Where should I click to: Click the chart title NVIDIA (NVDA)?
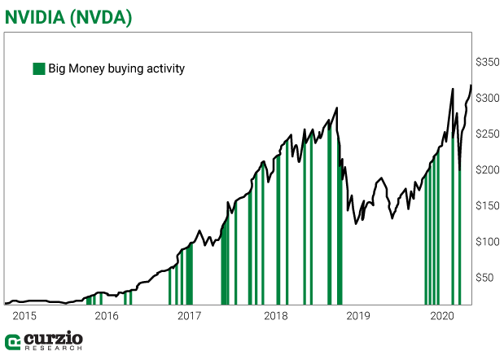68,15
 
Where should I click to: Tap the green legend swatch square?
38,68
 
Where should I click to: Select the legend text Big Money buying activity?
116,68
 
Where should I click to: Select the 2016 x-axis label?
107,315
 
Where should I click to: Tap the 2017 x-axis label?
190,315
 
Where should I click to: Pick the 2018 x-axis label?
275,315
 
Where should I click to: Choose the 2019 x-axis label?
357,315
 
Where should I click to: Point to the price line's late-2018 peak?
337,108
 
